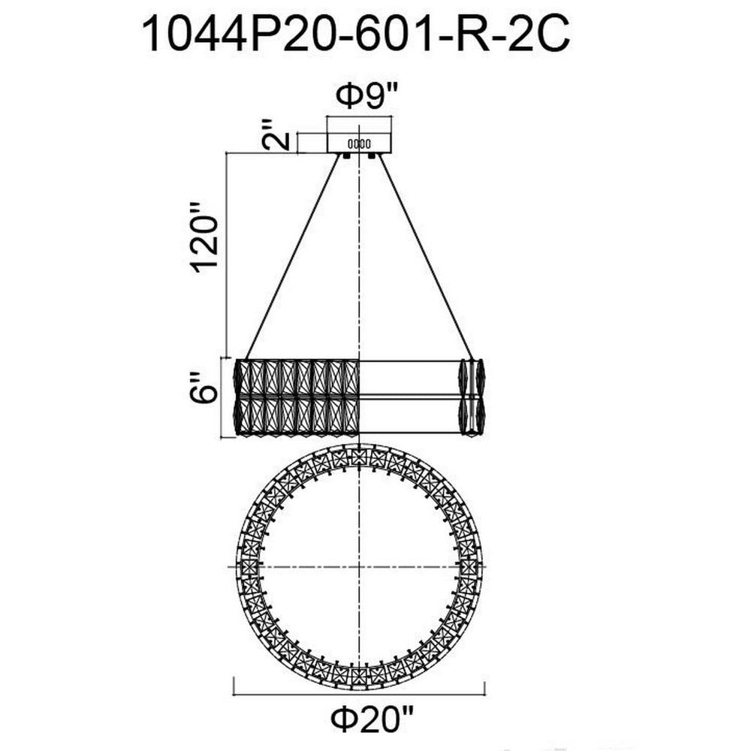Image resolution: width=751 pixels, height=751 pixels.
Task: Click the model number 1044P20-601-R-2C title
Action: (356, 35)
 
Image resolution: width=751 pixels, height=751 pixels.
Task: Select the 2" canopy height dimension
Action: (277, 134)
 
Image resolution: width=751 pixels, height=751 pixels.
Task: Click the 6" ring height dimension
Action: (202, 388)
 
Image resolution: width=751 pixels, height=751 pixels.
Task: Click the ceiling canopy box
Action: (359, 143)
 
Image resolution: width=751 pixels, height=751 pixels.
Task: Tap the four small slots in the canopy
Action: (359, 143)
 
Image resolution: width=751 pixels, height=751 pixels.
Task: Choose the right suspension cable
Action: (426, 257)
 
